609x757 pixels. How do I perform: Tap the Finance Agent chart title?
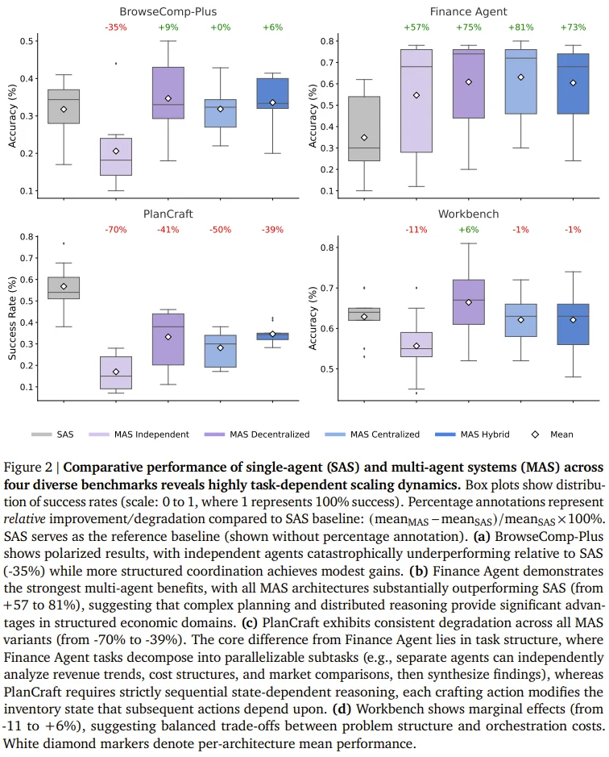(467, 12)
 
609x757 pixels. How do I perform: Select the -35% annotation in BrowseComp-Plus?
(115, 28)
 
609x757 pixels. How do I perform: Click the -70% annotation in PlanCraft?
(115, 230)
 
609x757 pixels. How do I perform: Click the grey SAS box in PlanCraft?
(64, 288)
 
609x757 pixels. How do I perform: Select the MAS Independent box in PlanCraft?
(115, 372)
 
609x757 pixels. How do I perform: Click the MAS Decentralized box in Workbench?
(469, 302)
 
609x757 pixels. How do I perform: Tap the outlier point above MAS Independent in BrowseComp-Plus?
(115, 63)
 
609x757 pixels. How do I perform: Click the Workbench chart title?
(468, 214)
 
